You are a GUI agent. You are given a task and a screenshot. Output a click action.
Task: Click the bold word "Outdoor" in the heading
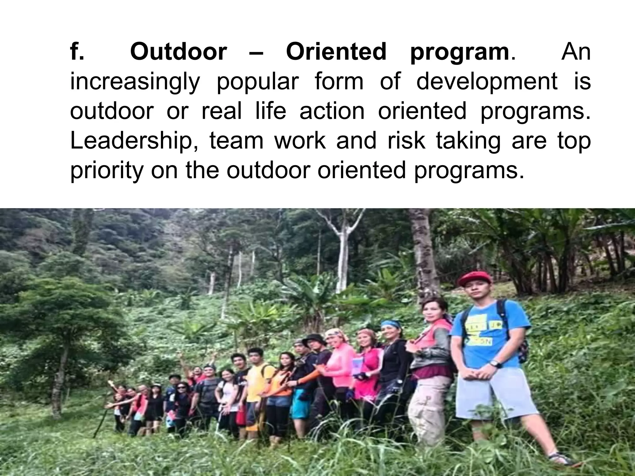(x=179, y=52)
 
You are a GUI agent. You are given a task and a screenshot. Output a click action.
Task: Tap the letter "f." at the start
(x=77, y=52)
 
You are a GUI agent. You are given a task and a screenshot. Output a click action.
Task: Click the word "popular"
(x=257, y=82)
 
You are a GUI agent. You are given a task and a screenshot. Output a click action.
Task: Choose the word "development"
(x=486, y=82)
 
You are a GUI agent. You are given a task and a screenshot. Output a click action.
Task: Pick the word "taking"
(x=468, y=141)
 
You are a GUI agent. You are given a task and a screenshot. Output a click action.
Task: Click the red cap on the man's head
(x=474, y=278)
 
